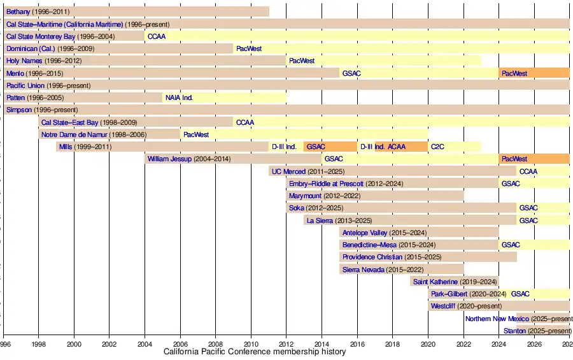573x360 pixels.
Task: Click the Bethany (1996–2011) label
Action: click(38, 11)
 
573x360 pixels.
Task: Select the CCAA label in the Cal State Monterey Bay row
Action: click(156, 36)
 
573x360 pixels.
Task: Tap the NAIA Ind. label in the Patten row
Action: click(178, 97)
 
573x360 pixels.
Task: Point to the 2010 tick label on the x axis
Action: click(251, 344)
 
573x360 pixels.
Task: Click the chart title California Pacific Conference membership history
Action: click(255, 352)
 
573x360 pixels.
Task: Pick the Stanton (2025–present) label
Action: click(537, 331)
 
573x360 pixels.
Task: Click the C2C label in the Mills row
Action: click(438, 147)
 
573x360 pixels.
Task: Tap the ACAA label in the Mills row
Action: click(397, 147)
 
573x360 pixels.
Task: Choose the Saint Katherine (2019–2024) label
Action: click(455, 282)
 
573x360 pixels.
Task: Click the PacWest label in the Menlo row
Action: click(514, 73)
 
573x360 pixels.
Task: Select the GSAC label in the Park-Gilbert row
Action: click(520, 294)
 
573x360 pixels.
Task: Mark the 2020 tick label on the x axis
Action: click(428, 344)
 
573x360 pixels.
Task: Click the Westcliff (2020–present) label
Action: click(466, 306)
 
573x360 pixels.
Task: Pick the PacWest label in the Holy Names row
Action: click(302, 61)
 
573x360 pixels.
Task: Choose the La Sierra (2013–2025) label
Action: click(339, 220)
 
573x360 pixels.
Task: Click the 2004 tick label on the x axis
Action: click(145, 344)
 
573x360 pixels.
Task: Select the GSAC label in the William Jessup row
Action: click(334, 159)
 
